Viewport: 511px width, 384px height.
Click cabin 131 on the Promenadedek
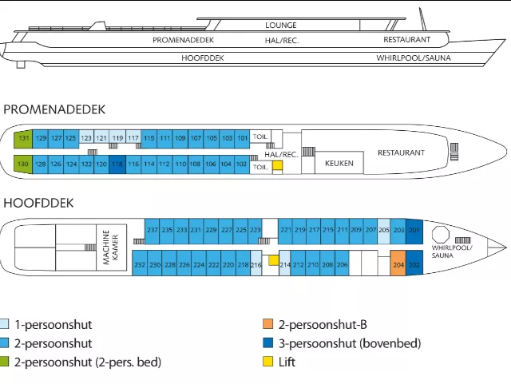(x=24, y=138)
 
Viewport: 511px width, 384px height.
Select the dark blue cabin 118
(x=117, y=164)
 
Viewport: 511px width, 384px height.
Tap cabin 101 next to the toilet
(x=243, y=138)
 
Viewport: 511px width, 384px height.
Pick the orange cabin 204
(x=398, y=263)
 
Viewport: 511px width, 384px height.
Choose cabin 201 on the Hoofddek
(x=414, y=229)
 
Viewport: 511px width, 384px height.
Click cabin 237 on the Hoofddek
(x=153, y=229)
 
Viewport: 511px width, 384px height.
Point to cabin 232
(x=140, y=263)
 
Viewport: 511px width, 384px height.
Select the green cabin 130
(x=24, y=164)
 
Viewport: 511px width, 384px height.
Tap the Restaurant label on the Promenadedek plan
(x=401, y=152)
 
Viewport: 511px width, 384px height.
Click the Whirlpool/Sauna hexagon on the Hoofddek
(x=442, y=232)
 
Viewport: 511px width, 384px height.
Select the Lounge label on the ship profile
(x=281, y=26)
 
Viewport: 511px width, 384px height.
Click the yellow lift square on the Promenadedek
(x=277, y=166)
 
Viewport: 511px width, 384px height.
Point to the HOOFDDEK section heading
(x=38, y=203)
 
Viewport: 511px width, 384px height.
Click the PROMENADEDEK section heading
(x=55, y=109)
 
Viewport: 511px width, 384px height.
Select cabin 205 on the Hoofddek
(x=384, y=229)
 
